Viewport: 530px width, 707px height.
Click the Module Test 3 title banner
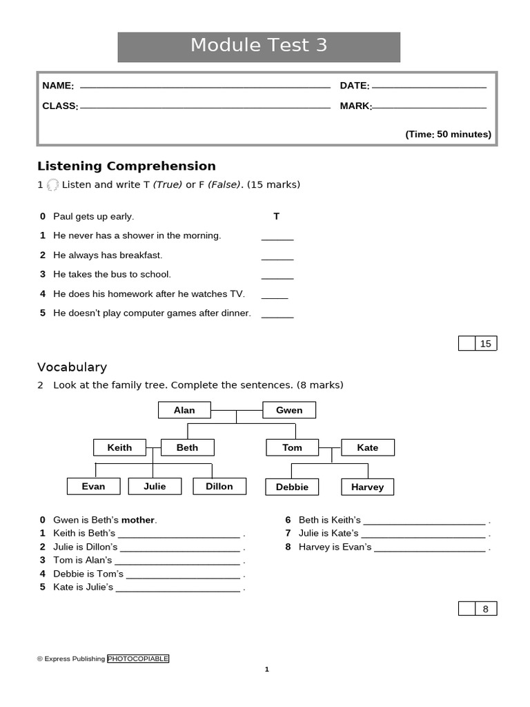point(259,46)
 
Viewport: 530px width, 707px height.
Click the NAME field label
point(58,86)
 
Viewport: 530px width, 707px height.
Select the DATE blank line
point(429,87)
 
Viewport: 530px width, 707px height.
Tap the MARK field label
point(355,106)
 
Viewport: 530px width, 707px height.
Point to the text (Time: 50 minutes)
point(448,135)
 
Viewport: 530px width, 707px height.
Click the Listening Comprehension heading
point(126,166)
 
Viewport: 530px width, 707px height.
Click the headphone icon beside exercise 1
point(52,185)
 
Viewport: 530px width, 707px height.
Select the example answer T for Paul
point(276,216)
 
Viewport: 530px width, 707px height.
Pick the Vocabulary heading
point(72,367)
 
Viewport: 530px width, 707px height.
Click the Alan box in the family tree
point(184,410)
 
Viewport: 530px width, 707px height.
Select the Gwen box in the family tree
point(289,410)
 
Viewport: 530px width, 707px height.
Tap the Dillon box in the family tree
point(219,486)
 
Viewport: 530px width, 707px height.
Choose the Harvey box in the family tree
point(367,487)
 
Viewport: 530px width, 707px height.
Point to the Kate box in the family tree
point(368,447)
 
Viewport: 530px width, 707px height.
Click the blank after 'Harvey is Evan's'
point(430,548)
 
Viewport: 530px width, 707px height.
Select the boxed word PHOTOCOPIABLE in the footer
point(138,659)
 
